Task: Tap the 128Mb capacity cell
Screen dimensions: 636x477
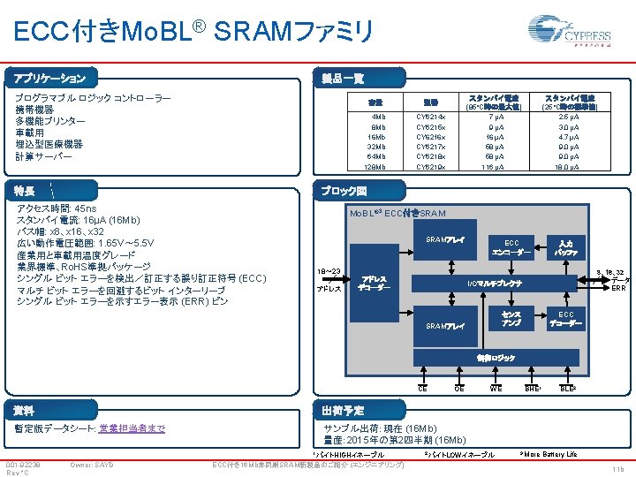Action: [377, 166]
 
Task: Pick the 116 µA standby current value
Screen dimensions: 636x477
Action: [493, 166]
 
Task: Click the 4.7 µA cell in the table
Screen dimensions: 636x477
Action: [569, 137]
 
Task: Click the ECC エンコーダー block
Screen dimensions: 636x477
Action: [511, 246]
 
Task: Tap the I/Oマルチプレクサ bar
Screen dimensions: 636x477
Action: [495, 282]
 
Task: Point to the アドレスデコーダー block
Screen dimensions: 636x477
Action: [374, 282]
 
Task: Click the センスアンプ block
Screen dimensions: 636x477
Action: [511, 319]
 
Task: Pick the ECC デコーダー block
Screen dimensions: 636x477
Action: [565, 319]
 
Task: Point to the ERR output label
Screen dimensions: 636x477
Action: [619, 288]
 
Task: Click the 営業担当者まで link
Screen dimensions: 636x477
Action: [132, 428]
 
